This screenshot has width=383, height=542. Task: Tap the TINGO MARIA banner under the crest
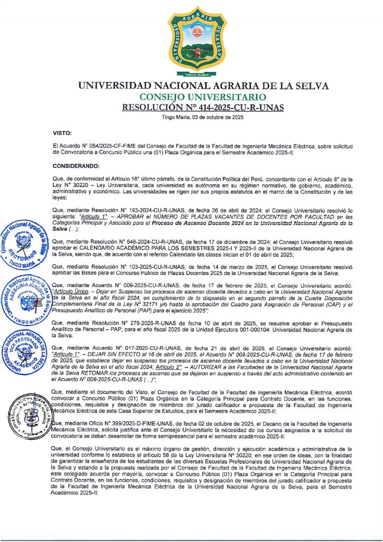pos(191,75)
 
